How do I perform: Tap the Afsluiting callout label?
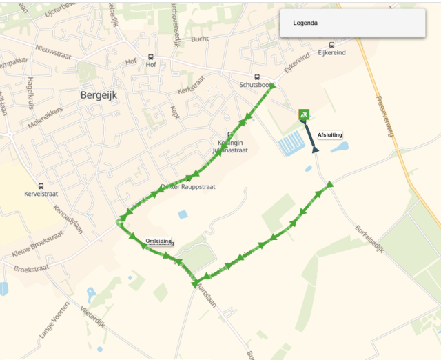click(x=330, y=135)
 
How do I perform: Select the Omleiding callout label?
click(x=159, y=241)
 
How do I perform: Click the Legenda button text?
click(x=305, y=23)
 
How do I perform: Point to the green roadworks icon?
click(x=303, y=114)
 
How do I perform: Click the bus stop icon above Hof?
click(x=151, y=57)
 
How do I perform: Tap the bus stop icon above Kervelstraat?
click(x=41, y=186)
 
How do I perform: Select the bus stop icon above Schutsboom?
click(x=257, y=77)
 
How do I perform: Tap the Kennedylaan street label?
click(x=68, y=219)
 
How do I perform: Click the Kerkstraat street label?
click(x=192, y=86)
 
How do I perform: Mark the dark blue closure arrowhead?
click(x=315, y=150)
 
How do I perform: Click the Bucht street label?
click(x=200, y=39)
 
